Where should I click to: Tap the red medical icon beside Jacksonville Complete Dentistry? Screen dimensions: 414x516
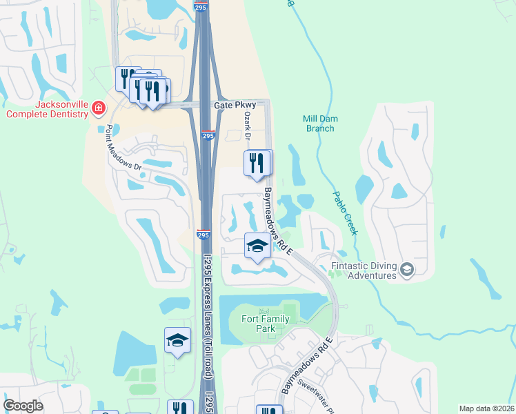point(99,108)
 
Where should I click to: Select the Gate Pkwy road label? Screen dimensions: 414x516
point(235,105)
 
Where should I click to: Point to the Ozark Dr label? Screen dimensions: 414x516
point(246,124)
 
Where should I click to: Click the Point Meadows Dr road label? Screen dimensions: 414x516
point(123,148)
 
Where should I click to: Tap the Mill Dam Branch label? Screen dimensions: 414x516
point(319,123)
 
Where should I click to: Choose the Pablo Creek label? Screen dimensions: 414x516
point(346,213)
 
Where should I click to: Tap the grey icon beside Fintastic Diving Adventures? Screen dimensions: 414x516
point(406,269)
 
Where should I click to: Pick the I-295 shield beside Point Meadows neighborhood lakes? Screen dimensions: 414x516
point(203,235)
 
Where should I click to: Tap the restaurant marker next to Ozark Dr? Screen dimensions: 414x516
point(257,164)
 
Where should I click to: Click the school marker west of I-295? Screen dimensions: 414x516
point(177,340)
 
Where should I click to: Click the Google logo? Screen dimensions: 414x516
point(23,406)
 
